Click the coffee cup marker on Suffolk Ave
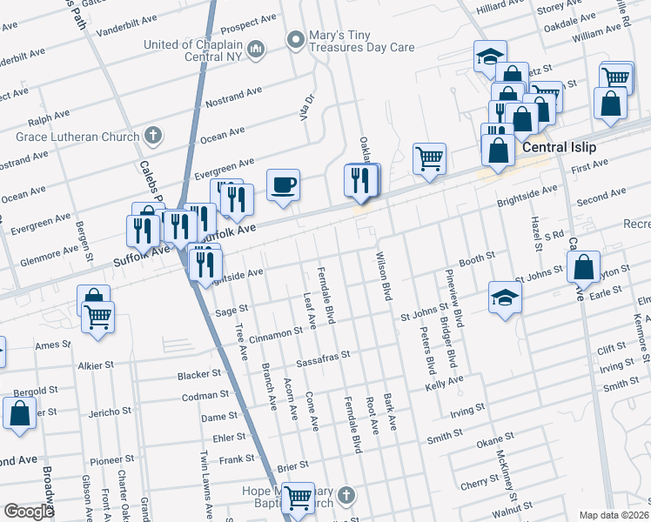[x=283, y=185]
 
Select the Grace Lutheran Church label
[x=77, y=137]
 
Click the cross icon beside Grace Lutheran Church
[x=153, y=136]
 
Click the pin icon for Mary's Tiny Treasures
[x=296, y=39]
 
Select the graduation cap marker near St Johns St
[x=505, y=298]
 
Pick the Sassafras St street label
[x=322, y=355]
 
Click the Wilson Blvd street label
[x=381, y=277]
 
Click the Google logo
[x=29, y=512]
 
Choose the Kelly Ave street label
[x=444, y=381]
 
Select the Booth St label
[x=477, y=258]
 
